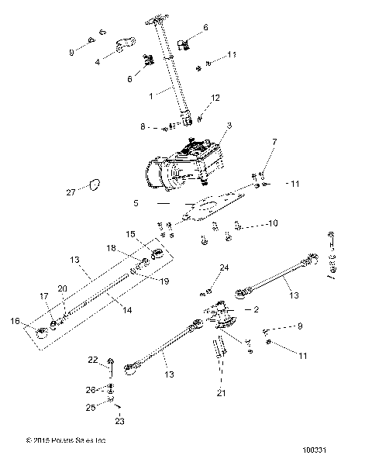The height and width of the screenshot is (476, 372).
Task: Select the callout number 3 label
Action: click(x=229, y=125)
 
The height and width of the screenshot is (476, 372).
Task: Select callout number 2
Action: click(x=277, y=309)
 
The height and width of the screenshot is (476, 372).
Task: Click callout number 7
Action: click(x=272, y=140)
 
